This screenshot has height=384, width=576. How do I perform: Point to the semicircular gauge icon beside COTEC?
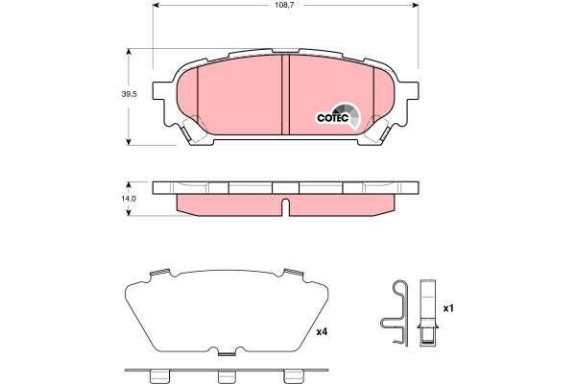point(353,114)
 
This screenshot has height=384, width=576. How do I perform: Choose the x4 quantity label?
point(322,333)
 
